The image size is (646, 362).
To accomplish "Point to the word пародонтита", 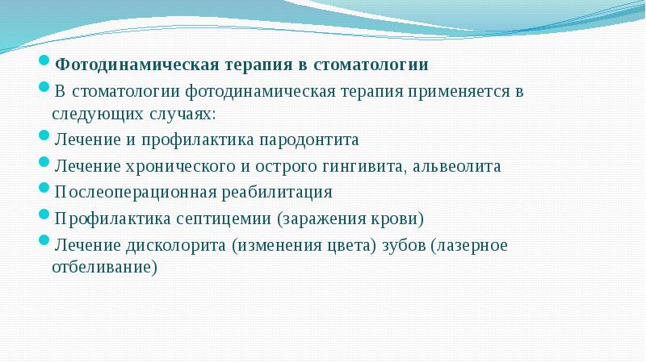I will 308,139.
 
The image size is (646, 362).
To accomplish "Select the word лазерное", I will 471,245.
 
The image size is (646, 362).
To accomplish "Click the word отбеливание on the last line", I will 104,268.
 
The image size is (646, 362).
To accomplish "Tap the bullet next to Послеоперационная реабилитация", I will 45,190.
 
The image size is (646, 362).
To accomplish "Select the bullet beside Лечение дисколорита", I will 45,243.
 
